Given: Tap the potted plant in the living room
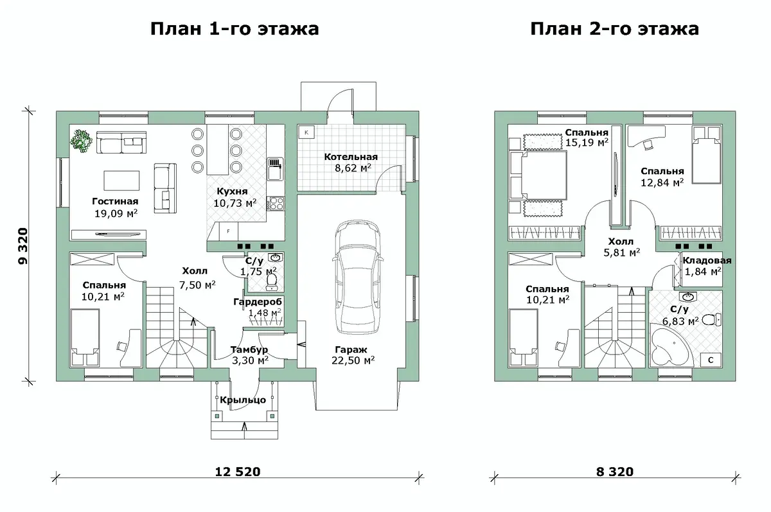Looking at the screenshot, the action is pos(81,141).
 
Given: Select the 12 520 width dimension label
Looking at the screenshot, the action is pos(238,472).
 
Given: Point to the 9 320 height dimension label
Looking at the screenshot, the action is pos(22,246).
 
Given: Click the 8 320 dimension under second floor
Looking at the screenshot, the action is pos(615,472).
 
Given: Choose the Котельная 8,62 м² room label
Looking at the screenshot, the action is pos(351,163).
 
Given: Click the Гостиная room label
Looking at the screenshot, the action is pos(115,201).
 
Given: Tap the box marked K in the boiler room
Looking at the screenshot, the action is pos(306,132).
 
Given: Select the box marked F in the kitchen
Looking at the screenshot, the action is pos(228,231).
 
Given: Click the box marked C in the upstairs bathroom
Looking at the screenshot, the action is pos(711,360).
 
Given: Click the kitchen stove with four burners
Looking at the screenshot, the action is pos(276,203).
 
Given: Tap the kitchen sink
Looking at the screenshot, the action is pos(276,169).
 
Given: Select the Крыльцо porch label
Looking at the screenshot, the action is pos(243,400).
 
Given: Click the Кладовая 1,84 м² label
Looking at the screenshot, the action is pos(706,266).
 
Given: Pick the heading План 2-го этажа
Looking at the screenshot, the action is pos(615,29).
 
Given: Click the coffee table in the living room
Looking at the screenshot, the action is pos(122,181).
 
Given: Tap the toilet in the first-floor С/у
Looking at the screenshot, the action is pos(272,281).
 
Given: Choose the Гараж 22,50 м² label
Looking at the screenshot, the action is pos(353,355).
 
